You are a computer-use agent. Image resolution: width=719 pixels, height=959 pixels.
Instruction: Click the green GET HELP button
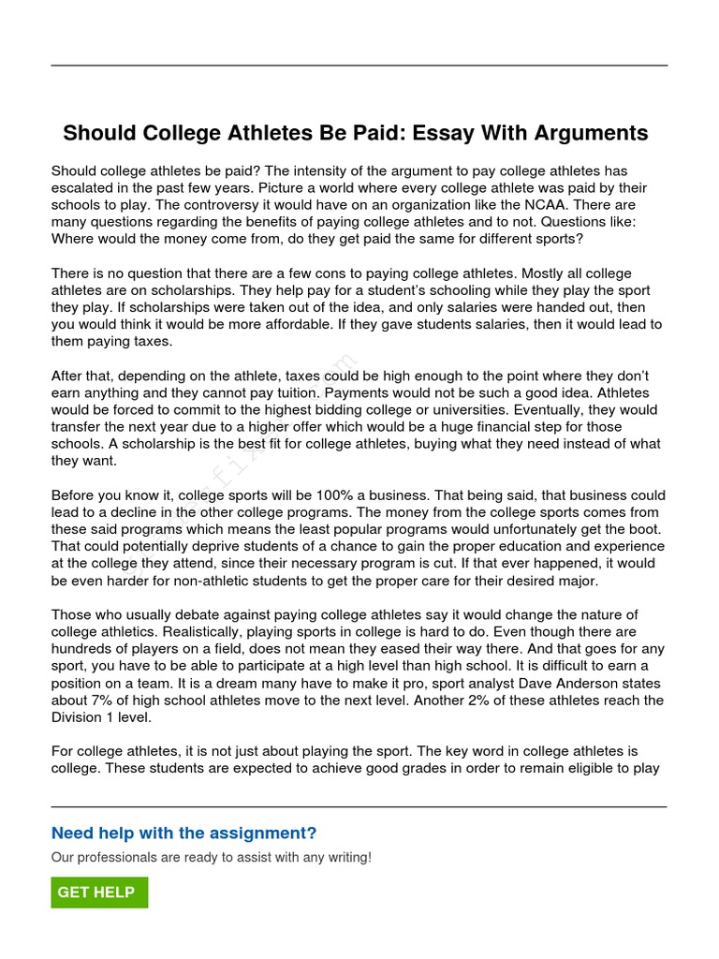[99, 893]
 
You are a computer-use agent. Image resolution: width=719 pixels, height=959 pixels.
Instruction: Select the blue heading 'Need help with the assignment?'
[183, 834]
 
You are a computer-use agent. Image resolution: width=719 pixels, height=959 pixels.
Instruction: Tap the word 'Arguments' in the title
[591, 133]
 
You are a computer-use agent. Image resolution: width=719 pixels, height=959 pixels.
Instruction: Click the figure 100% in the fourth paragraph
[320, 495]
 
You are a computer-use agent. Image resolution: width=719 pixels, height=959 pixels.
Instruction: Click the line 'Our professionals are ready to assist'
[211, 857]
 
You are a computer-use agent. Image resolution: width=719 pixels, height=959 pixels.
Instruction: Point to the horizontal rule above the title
[359, 66]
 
